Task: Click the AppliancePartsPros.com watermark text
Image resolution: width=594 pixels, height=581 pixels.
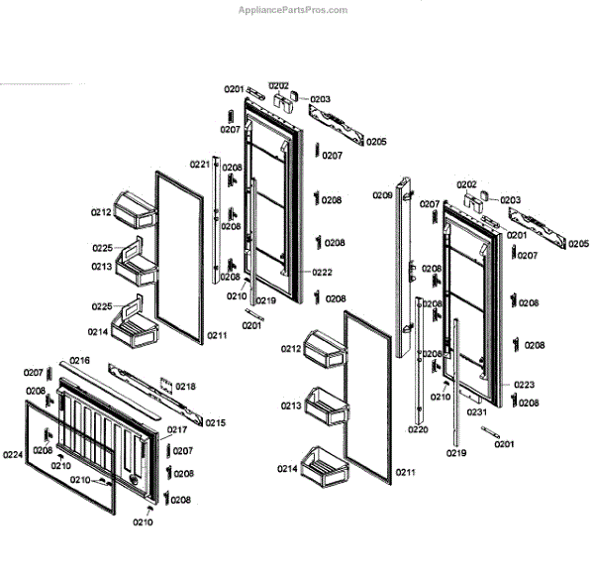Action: click(293, 11)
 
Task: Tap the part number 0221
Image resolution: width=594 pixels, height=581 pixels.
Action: click(199, 164)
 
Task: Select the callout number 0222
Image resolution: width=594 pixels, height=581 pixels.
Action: click(322, 273)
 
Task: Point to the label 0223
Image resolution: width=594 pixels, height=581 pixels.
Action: click(525, 384)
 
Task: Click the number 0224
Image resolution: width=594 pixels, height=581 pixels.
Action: click(12, 455)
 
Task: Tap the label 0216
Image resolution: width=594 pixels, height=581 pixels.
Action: click(79, 360)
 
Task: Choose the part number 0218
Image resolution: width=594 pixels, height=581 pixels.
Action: click(186, 387)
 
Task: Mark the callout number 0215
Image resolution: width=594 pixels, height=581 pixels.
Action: click(215, 423)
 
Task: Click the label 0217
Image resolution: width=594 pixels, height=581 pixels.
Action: click(177, 429)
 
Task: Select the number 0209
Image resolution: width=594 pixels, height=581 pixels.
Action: click(382, 195)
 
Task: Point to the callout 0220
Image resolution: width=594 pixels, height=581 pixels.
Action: click(418, 429)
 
